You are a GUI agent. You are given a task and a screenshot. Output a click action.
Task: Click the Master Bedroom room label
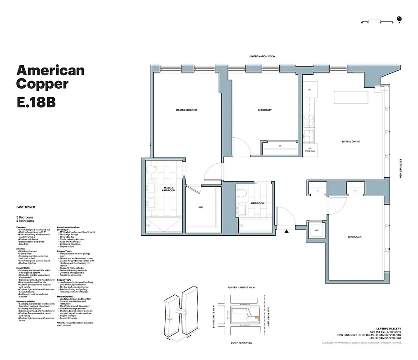pyautogui.click(x=186, y=110)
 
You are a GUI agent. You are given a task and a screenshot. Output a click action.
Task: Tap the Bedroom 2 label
pyautogui.click(x=264, y=110)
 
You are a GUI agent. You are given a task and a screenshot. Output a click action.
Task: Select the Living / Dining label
pyautogui.click(x=351, y=141)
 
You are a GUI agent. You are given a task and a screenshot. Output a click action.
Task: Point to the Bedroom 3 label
pyautogui.click(x=354, y=237)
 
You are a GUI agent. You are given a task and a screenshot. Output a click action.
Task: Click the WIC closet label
pyautogui.click(x=200, y=207)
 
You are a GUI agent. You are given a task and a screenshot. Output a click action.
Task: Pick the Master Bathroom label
pyautogui.click(x=168, y=189)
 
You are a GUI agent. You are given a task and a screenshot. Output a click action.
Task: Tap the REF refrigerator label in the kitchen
pyautogui.click(x=310, y=90)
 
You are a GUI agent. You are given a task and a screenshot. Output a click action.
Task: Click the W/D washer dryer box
pyautogui.click(x=317, y=231)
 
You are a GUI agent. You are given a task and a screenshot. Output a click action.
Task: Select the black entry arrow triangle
pyautogui.click(x=286, y=232)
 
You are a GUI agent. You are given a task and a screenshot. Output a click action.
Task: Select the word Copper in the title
pyautogui.click(x=42, y=84)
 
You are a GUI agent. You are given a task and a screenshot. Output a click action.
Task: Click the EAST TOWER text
pyautogui.click(x=25, y=207)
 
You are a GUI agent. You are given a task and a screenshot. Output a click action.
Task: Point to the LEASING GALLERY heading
pyautogui.click(x=388, y=328)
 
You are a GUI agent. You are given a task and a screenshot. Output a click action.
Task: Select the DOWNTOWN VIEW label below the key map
pyautogui.click(x=241, y=343)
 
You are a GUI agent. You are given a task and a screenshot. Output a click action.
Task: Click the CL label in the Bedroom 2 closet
pyautogui.click(x=280, y=146)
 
